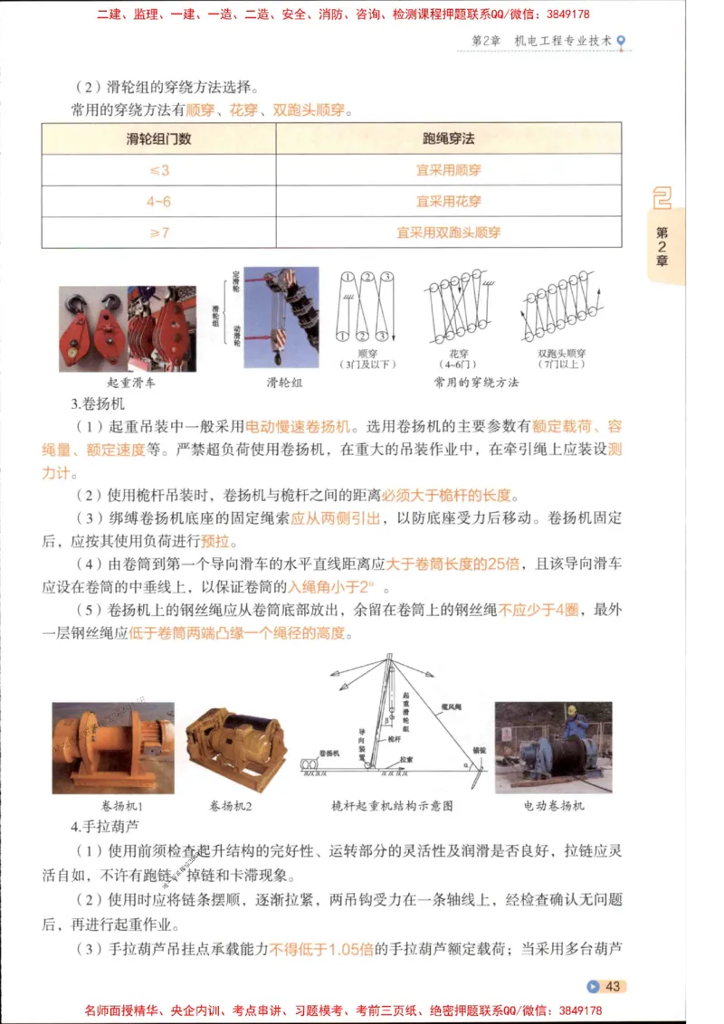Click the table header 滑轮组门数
158,139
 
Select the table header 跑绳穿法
448,139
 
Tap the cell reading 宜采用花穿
448,201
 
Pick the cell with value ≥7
158,232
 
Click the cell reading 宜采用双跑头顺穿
448,232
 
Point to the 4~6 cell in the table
158,201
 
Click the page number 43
613,986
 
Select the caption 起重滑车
131,383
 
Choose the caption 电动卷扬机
554,805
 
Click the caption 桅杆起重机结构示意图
392,805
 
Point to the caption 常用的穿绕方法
477,383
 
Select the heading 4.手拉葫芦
97,827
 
